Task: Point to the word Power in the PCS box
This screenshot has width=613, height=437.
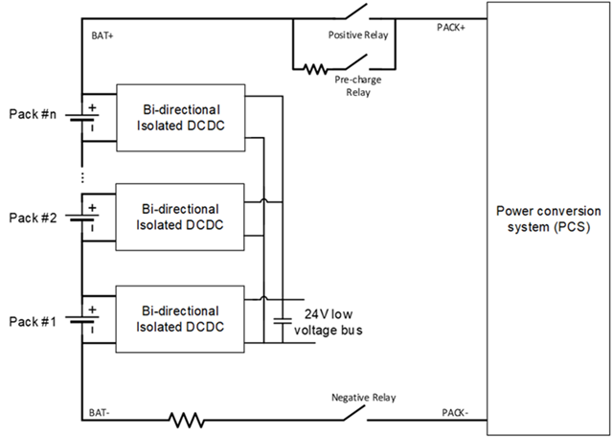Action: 512,211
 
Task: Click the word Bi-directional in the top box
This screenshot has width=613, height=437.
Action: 180,107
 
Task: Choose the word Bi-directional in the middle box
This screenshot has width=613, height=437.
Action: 180,209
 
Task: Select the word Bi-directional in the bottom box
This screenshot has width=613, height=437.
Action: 180,311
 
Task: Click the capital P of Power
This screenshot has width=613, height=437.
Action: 500,211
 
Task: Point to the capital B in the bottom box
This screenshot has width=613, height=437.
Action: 146,311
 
